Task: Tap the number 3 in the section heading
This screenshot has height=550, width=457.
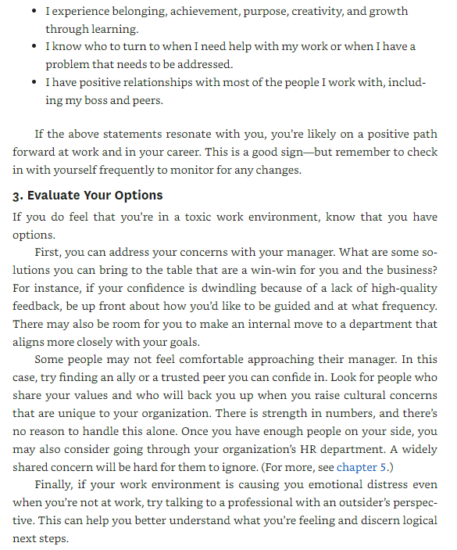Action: click(16, 195)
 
